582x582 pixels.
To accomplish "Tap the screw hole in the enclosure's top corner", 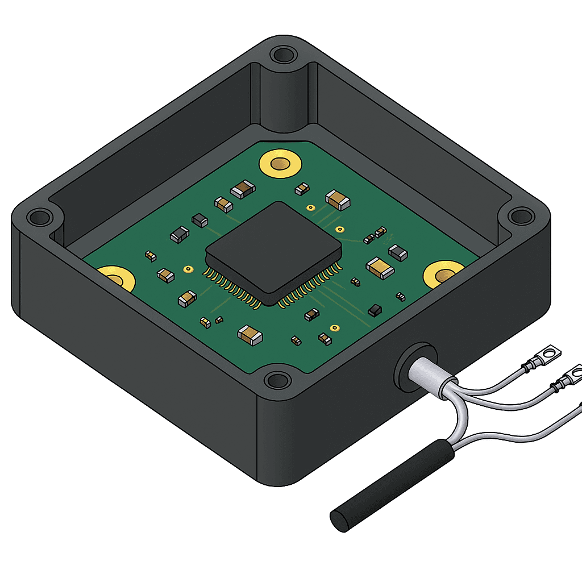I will click(282, 55).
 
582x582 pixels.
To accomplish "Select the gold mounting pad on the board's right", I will click(444, 275).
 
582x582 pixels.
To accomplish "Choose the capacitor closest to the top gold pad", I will click(243, 189).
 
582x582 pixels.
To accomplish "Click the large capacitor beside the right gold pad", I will click(380, 267).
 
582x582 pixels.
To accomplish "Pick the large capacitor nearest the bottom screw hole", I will click(250, 335).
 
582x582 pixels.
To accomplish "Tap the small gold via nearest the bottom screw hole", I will click(335, 327).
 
